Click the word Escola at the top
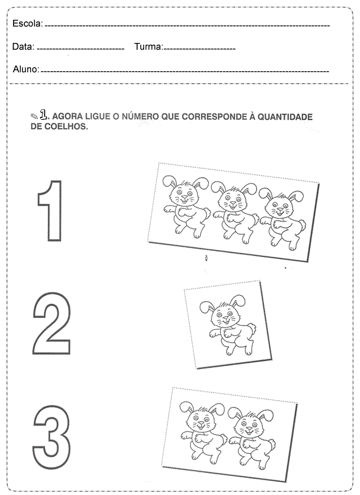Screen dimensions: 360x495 (27, 23)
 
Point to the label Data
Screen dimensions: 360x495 (23, 47)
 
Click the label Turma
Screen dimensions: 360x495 (149, 47)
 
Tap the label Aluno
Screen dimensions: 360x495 (26, 69)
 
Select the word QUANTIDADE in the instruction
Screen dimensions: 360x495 (285, 117)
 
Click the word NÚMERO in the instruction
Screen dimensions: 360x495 (140, 116)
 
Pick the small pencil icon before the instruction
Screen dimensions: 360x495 (34, 116)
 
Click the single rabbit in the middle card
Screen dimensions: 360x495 (227, 325)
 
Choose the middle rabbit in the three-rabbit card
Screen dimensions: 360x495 (235, 213)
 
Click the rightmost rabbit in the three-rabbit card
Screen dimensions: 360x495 (283, 219)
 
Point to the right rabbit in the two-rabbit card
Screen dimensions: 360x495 (251, 439)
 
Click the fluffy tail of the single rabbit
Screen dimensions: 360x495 (252, 328)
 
